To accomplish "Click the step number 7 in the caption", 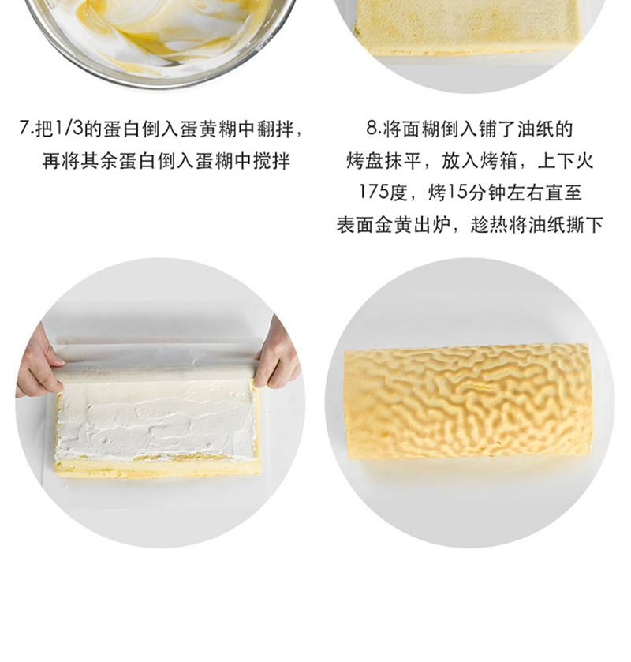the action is [x=24, y=128].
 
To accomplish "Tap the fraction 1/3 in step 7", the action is [x=69, y=128].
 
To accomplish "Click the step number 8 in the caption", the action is [x=372, y=128].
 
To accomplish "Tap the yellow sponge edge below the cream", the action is [x=156, y=468].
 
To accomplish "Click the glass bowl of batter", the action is [x=159, y=40].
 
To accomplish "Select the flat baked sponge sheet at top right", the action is [x=469, y=28].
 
